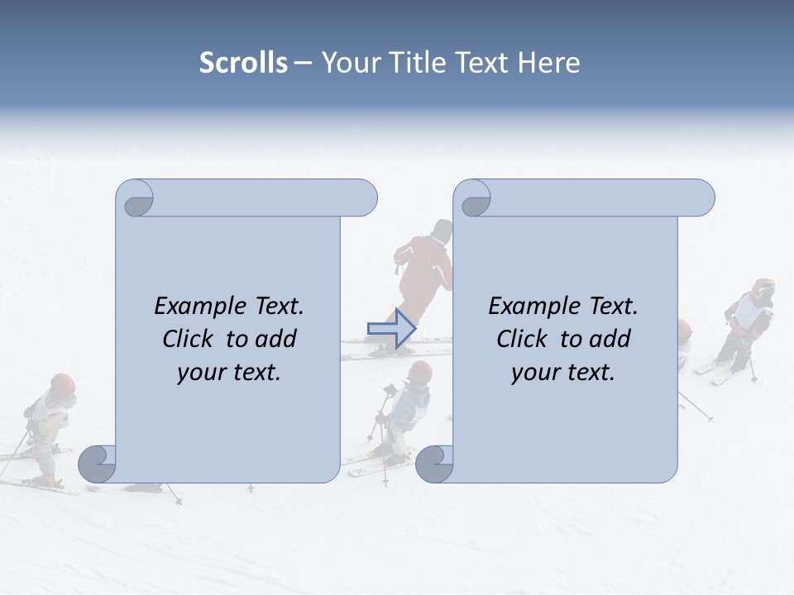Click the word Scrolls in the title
pyautogui.click(x=243, y=63)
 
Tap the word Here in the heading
pyautogui.click(x=548, y=63)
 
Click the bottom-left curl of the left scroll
pyautogui.click(x=98, y=464)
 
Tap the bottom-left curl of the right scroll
pyautogui.click(x=434, y=464)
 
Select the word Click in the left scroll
pyautogui.click(x=188, y=339)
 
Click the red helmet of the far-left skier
pyautogui.click(x=62, y=383)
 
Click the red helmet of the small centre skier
pyautogui.click(x=419, y=372)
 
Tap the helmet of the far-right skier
pyautogui.click(x=763, y=288)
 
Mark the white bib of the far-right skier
pyautogui.click(x=750, y=312)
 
